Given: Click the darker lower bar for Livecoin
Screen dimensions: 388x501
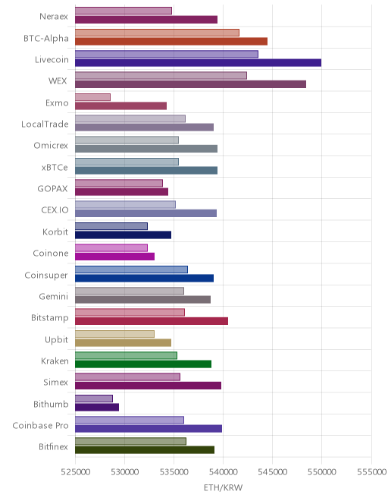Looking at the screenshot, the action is (x=198, y=62).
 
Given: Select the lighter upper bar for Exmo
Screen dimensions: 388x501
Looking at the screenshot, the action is (x=93, y=97).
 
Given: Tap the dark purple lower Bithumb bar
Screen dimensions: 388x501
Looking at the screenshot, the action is (x=97, y=407).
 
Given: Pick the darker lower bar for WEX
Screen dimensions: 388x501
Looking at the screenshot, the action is (x=190, y=84).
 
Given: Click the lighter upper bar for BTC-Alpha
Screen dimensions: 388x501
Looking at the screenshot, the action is (x=158, y=33).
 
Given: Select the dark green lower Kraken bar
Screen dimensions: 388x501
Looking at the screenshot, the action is (x=143, y=364).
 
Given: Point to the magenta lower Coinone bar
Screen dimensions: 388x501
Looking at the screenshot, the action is (x=115, y=257).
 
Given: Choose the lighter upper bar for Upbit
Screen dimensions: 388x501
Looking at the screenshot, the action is (x=115, y=334).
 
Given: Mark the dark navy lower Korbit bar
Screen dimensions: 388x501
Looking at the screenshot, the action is (x=124, y=235).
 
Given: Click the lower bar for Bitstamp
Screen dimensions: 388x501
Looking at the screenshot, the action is (x=152, y=321).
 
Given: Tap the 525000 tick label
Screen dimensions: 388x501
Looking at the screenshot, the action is (x=75, y=472).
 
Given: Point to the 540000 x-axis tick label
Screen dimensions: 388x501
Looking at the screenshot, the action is (x=223, y=472).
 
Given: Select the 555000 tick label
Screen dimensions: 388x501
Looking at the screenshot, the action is (x=371, y=472).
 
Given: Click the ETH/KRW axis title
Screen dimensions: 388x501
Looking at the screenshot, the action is (x=223, y=488).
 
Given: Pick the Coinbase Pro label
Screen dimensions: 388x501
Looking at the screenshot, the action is (x=40, y=426).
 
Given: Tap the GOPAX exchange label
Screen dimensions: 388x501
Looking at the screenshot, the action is (x=52, y=189).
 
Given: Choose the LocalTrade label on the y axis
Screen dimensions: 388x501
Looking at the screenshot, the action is (x=45, y=124).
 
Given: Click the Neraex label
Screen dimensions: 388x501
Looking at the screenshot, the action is (x=54, y=16).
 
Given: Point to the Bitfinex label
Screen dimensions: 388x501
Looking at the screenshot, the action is (x=53, y=446).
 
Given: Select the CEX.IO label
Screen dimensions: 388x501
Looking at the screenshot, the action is (x=55, y=210).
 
